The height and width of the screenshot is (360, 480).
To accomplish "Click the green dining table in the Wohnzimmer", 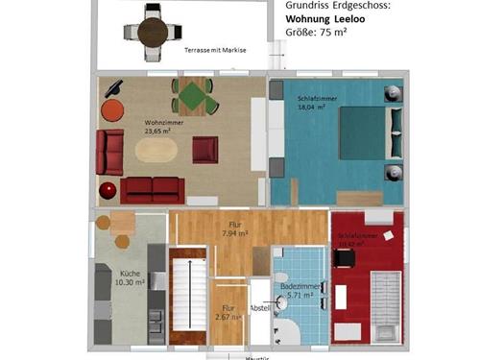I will coord(195,96).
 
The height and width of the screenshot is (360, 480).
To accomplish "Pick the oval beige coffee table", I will coord(156,150).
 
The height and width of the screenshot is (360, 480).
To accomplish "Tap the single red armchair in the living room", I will coord(205,150).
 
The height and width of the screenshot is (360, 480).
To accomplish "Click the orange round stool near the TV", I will coord(112,108).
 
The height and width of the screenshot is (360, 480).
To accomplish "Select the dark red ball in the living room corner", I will coord(108,188).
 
